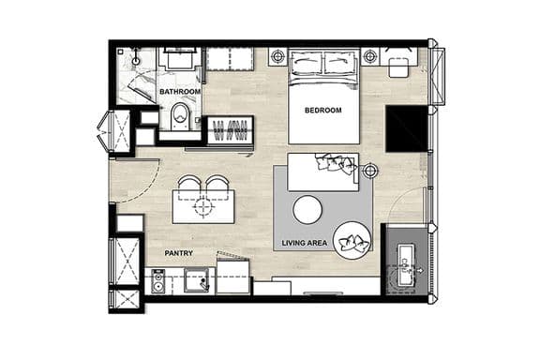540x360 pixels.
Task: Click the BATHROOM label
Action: (180, 92)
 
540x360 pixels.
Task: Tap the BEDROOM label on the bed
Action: (323, 111)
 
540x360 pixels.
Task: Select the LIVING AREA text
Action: (305, 243)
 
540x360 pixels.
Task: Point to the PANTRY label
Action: (178, 253)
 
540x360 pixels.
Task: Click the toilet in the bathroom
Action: (180, 116)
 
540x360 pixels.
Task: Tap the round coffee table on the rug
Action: (307, 209)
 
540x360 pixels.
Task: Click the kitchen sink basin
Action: (196, 280)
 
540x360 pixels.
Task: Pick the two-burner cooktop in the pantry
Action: (158, 281)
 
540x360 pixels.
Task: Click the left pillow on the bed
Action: (307, 63)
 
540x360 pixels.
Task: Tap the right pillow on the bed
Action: (339, 63)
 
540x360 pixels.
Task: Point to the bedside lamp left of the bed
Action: (277, 56)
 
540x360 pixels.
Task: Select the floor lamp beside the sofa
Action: (369, 171)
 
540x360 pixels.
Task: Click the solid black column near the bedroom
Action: (406, 128)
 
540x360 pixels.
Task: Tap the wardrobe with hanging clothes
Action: (231, 130)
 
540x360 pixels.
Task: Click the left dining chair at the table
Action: (189, 183)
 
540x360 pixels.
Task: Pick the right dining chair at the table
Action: (217, 183)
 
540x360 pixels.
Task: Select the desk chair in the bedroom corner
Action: (398, 67)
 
